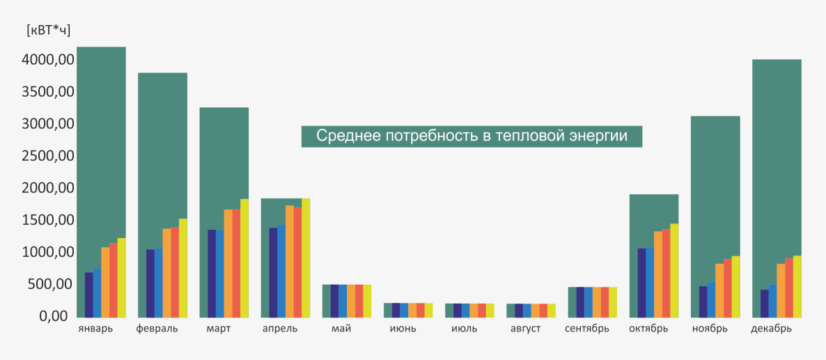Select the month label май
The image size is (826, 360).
click(x=342, y=329)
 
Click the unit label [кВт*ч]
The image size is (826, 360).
click(x=48, y=30)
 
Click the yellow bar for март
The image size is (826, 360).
click(x=244, y=258)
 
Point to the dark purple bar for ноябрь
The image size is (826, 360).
click(x=703, y=301)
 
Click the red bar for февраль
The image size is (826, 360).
click(x=175, y=272)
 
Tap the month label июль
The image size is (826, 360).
click(x=465, y=329)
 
